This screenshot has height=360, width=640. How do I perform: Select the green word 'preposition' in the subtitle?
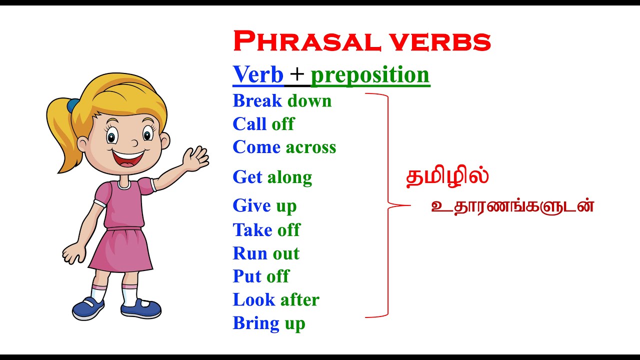(x=370, y=75)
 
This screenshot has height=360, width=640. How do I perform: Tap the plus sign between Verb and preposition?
(x=297, y=75)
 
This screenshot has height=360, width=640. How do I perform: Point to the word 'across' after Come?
(x=310, y=147)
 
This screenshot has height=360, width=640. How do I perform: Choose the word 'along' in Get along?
(x=289, y=177)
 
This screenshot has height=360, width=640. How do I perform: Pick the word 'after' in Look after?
(x=299, y=299)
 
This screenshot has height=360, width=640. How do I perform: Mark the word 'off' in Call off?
(x=283, y=124)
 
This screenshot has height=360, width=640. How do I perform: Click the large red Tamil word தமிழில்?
(x=447, y=177)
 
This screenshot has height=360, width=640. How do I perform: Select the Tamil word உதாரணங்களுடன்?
(x=512, y=206)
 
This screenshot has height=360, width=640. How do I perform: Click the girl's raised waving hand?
(x=196, y=159)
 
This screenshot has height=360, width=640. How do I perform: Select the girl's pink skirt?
(x=121, y=249)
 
